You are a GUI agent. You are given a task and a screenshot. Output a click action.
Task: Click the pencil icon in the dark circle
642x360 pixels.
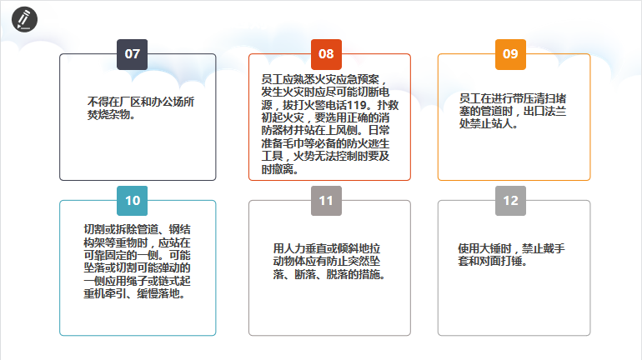(x=24, y=19)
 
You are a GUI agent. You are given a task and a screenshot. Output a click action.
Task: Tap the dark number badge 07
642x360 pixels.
(x=133, y=54)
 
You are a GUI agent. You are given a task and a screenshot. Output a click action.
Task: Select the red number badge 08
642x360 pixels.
(x=326, y=54)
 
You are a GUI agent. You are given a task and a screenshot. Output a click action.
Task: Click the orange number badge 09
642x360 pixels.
(x=510, y=54)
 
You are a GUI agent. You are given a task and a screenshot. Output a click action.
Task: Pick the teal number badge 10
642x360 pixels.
(x=133, y=201)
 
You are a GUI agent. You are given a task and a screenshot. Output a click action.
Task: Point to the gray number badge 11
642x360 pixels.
(x=326, y=201)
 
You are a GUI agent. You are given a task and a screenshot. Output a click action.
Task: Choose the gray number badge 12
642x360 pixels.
(x=510, y=201)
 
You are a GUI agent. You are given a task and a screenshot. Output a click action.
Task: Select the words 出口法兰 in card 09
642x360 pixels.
(x=545, y=111)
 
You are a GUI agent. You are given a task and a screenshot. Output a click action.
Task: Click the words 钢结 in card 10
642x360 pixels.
(x=180, y=229)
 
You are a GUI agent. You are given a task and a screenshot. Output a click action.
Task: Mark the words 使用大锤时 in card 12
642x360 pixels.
(x=484, y=248)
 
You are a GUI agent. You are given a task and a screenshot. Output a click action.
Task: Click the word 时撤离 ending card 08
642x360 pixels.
(x=278, y=169)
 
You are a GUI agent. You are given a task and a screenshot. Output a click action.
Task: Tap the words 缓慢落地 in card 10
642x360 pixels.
(x=158, y=293)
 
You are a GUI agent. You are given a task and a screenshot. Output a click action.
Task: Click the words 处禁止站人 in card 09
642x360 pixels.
(x=486, y=123)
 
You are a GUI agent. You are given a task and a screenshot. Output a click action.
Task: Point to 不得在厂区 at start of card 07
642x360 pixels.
(x=114, y=102)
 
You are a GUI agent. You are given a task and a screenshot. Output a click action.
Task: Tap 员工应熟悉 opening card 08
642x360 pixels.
(x=288, y=79)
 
